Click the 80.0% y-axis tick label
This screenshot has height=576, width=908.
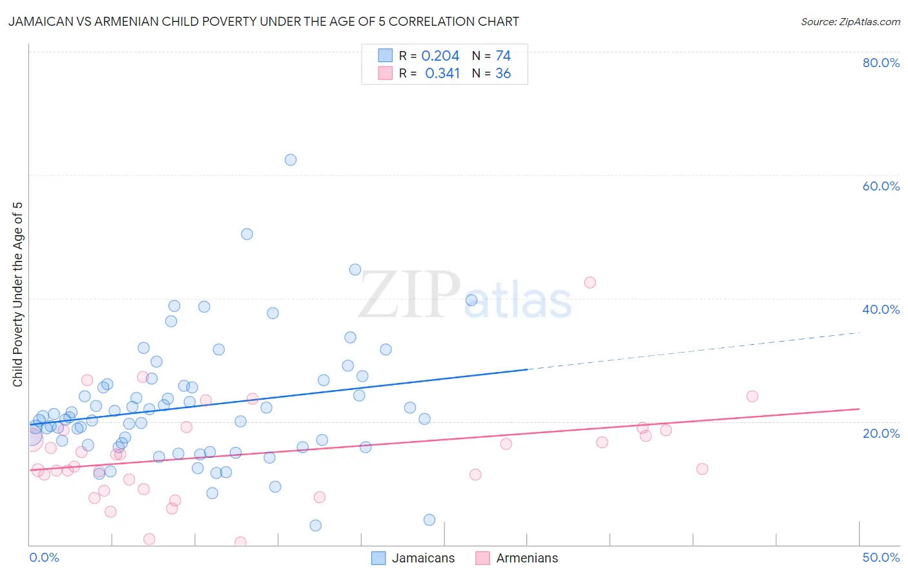[881, 63]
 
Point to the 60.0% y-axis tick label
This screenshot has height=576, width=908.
[881, 186]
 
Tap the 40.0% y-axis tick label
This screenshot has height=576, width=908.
[881, 309]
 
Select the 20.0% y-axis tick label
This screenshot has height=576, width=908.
[881, 433]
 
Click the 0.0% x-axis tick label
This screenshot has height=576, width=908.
[44, 557]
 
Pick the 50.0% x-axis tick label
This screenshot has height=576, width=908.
[881, 557]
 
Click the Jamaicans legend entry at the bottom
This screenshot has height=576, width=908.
[413, 558]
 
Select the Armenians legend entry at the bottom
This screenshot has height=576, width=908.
[517, 558]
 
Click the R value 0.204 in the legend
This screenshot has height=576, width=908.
[440, 56]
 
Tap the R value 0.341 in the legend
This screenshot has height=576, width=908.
[442, 74]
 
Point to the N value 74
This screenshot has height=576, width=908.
[503, 56]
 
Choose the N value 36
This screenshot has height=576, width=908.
[503, 74]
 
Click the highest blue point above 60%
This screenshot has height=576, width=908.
[291, 159]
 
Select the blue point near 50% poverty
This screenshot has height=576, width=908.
[247, 234]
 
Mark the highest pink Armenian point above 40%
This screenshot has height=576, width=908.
[590, 282]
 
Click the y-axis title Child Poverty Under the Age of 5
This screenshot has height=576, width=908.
[17, 294]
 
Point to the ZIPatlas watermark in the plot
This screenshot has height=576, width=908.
[465, 296]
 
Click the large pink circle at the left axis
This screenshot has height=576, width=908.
[31, 438]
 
